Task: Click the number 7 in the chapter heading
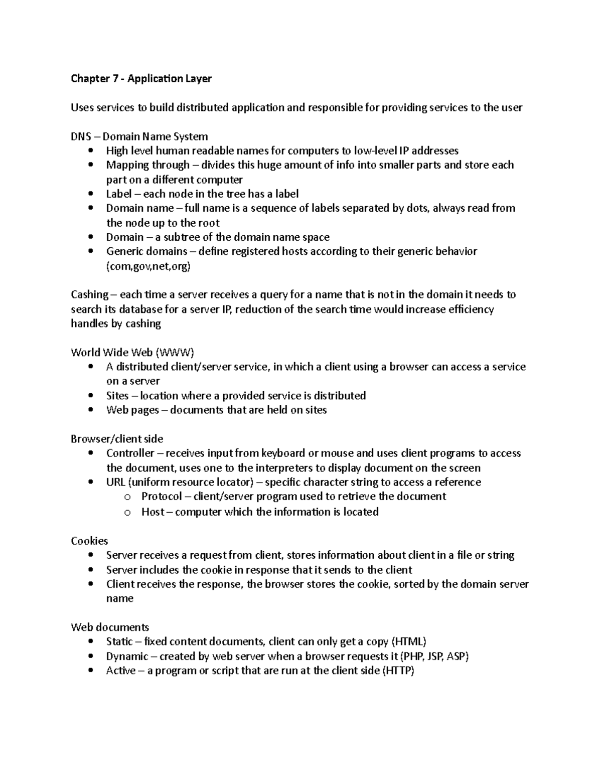(x=115, y=79)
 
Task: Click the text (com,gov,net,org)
(x=148, y=266)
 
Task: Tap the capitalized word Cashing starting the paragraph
(x=90, y=295)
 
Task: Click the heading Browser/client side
(x=117, y=439)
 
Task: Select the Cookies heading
(x=89, y=541)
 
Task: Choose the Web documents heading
(x=110, y=628)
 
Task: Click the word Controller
(x=130, y=453)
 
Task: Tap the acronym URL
(x=115, y=483)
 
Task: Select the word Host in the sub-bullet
(x=153, y=512)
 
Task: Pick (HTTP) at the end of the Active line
(x=398, y=671)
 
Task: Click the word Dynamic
(x=127, y=657)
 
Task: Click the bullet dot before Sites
(x=90, y=396)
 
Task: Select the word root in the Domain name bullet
(x=209, y=223)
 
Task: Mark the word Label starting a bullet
(x=119, y=194)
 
